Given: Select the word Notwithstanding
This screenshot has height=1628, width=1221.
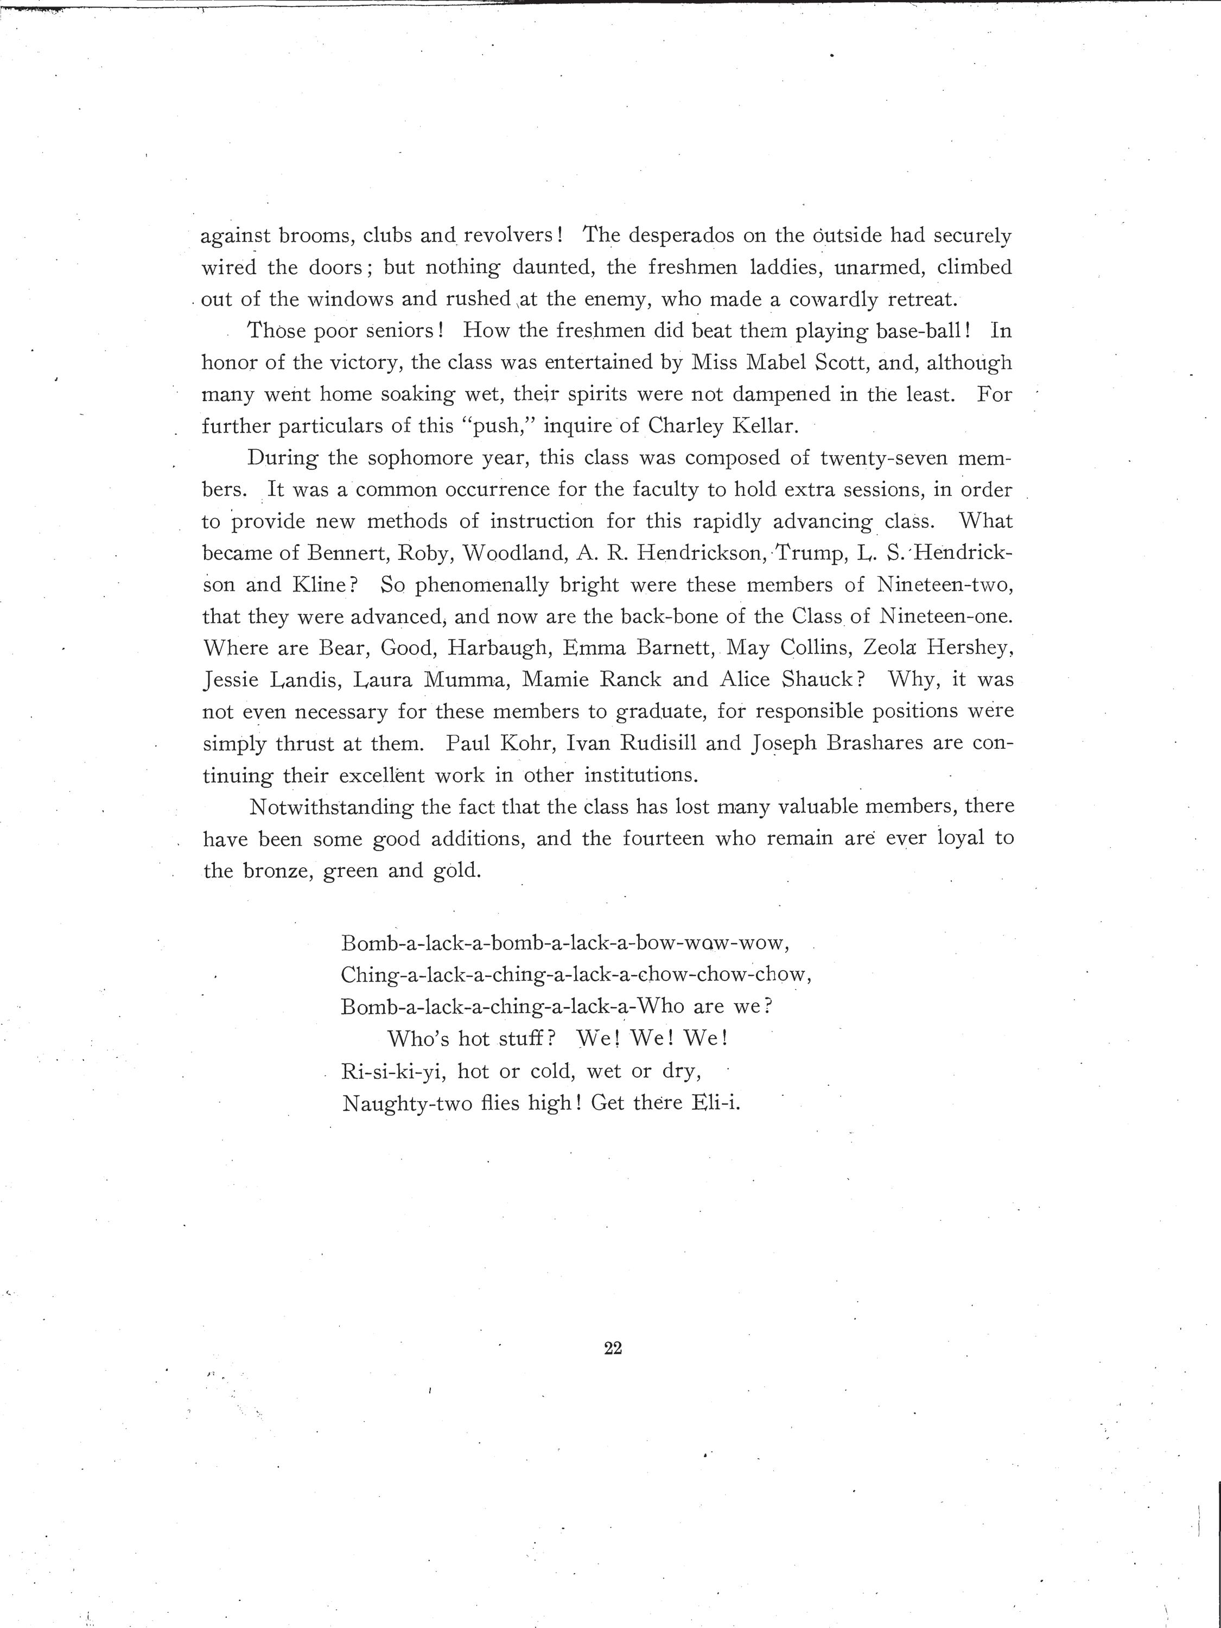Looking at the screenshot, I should tap(331, 806).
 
